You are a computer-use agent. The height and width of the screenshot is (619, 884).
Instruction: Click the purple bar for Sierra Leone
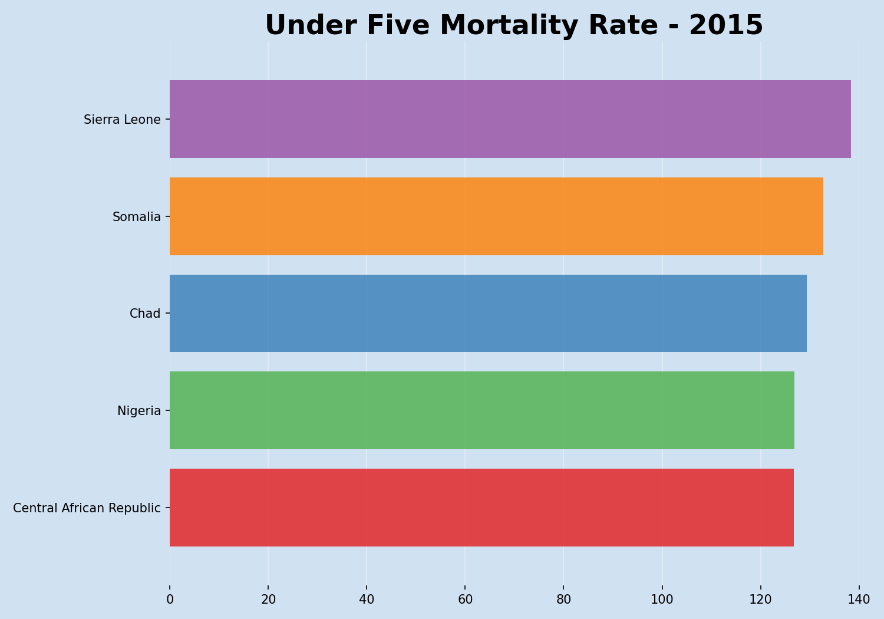click(510, 119)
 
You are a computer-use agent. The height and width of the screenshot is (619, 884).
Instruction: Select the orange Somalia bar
click(496, 216)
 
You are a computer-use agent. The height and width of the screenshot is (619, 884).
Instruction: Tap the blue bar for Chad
click(488, 313)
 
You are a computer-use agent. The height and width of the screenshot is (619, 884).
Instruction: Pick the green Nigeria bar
click(481, 410)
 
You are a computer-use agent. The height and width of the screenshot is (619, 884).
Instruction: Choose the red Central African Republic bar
click(481, 508)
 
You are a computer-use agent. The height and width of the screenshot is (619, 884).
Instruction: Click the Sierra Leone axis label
click(122, 120)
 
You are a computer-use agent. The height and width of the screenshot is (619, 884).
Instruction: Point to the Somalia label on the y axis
click(137, 217)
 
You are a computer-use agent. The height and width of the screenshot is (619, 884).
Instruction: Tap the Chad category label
click(145, 314)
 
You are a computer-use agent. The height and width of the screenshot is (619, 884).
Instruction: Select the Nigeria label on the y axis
click(139, 411)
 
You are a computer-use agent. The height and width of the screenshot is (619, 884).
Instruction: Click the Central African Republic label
click(87, 508)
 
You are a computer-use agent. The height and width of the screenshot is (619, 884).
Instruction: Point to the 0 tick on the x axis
click(170, 600)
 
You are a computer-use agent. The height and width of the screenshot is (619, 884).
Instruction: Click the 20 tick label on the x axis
click(268, 600)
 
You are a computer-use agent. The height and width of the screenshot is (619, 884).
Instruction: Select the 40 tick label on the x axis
click(367, 600)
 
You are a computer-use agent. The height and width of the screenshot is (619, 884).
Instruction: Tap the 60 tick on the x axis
click(465, 600)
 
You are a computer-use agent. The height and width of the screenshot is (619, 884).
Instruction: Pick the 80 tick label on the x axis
click(563, 600)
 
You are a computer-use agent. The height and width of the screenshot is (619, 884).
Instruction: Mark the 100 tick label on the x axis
click(662, 600)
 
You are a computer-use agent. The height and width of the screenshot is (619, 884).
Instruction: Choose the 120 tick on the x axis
click(760, 600)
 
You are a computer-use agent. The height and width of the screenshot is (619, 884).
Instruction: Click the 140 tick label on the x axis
click(859, 600)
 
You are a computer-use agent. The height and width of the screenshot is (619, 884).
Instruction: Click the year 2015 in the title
click(725, 26)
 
